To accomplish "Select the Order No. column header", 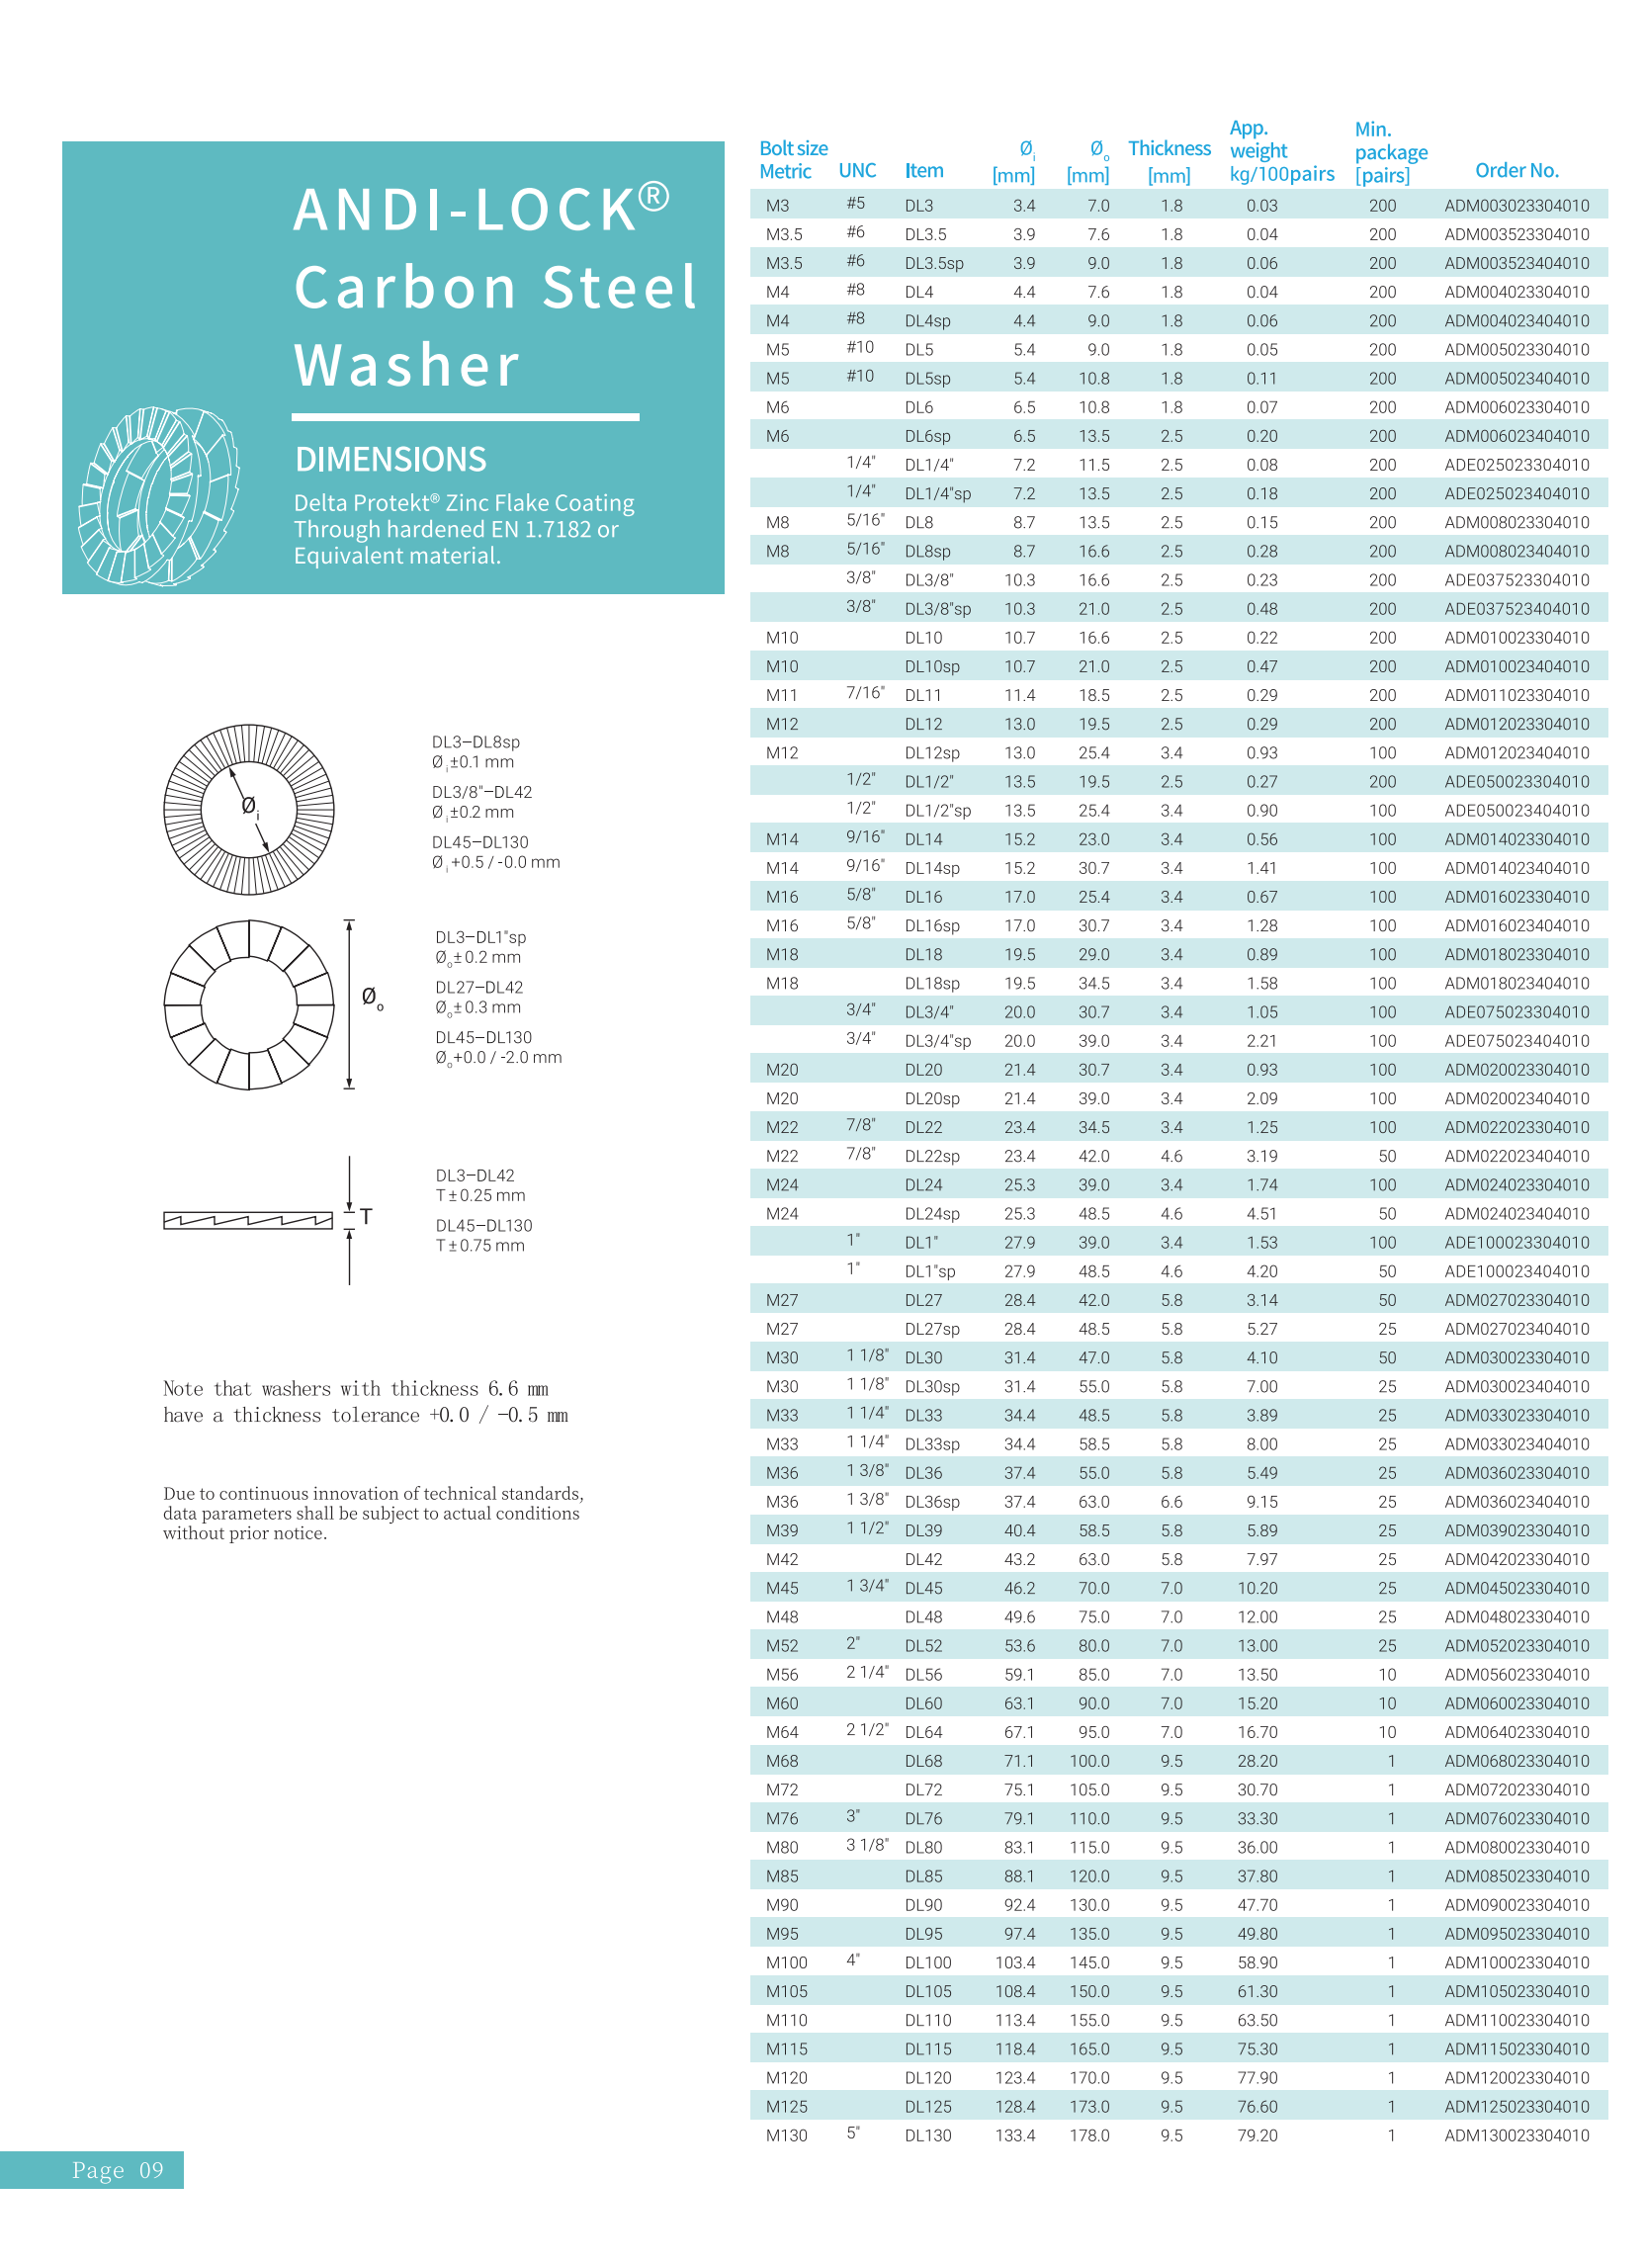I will click(1516, 171).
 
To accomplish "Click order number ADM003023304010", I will click(1516, 206).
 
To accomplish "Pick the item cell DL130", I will click(927, 2135).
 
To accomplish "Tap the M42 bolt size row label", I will click(781, 1559).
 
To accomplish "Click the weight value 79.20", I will click(1256, 2135).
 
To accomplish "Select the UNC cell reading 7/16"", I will click(864, 693).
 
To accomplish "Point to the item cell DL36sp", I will click(931, 1501).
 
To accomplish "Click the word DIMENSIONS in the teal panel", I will click(390, 460).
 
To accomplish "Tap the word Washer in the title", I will click(406, 366).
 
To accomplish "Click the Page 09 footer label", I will click(117, 2170).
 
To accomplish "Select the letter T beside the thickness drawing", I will click(367, 1216).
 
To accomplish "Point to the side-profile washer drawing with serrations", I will click(248, 1219).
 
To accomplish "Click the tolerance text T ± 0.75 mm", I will click(479, 1246).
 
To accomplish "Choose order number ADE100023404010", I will click(1516, 1271).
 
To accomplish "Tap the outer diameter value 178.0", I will click(1088, 2135).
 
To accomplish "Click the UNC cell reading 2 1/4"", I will click(866, 1672).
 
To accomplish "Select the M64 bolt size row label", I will click(781, 1732).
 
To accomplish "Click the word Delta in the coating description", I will click(319, 503).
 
